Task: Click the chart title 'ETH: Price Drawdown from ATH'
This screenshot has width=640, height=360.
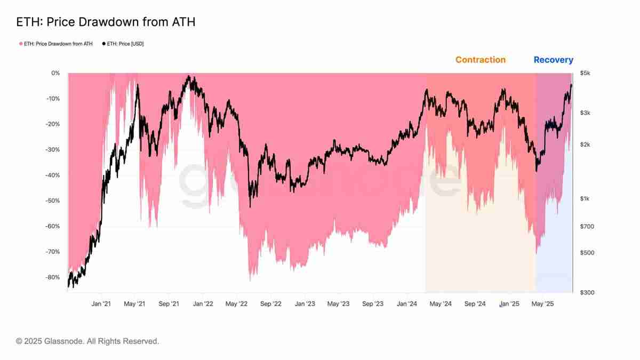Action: (106, 22)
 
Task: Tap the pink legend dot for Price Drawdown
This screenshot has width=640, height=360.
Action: (21, 44)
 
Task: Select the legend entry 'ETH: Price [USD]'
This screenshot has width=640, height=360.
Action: (125, 44)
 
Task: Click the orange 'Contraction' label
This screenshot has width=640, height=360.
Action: (480, 60)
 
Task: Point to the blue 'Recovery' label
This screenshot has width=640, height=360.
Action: (553, 60)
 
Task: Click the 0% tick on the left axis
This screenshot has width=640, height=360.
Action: (55, 73)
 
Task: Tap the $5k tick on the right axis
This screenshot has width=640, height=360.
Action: (585, 73)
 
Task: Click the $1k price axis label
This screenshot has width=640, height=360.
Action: (585, 199)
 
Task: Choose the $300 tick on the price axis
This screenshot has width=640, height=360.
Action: (587, 293)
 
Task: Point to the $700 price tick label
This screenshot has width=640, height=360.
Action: (587, 227)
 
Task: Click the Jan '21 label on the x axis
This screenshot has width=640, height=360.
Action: (101, 304)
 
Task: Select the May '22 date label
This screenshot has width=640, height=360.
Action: (236, 304)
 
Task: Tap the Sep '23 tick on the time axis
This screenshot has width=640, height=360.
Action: (372, 304)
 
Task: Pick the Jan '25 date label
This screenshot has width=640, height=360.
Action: (509, 304)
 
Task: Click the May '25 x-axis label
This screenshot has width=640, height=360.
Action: (542, 304)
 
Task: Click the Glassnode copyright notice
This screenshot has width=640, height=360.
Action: (87, 341)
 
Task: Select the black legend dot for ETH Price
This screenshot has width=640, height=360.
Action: (104, 44)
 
